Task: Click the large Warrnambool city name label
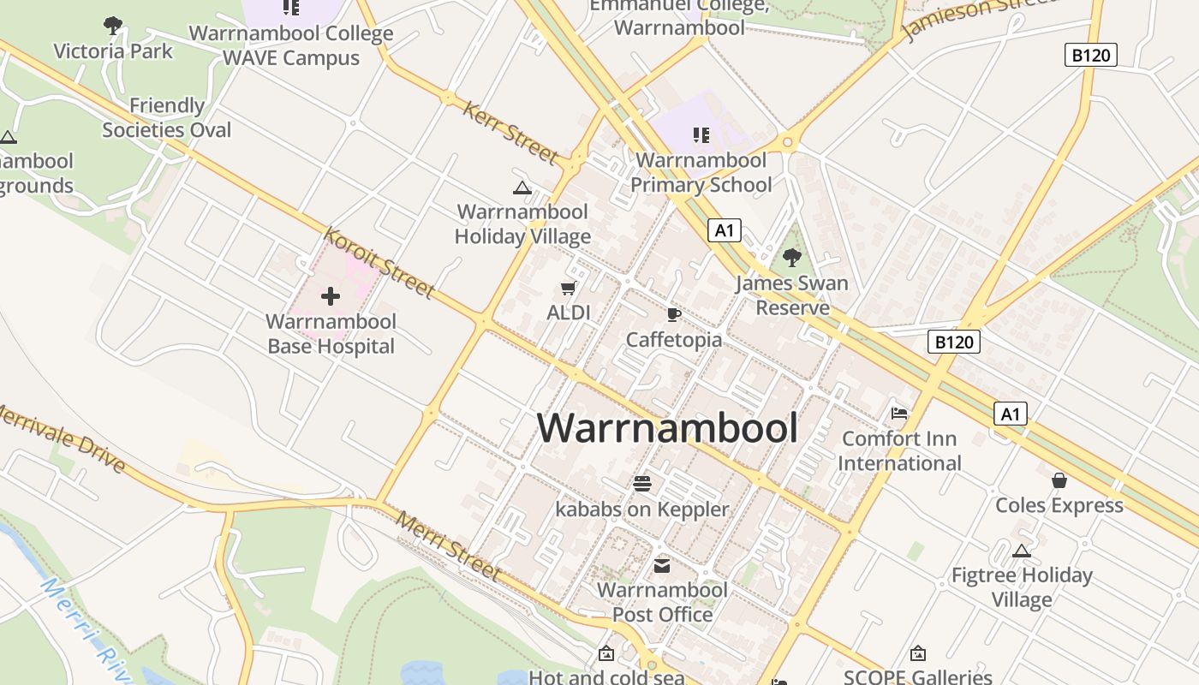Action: pyautogui.click(x=667, y=427)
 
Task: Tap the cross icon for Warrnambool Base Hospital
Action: pyautogui.click(x=331, y=296)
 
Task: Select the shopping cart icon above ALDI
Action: pyautogui.click(x=569, y=289)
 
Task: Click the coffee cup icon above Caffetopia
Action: pyautogui.click(x=674, y=314)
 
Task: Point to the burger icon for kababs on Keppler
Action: pyautogui.click(x=642, y=484)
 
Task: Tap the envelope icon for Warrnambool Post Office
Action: pyautogui.click(x=662, y=566)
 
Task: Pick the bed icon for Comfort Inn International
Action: pyautogui.click(x=898, y=414)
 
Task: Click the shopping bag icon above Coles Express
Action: pyautogui.click(x=1059, y=480)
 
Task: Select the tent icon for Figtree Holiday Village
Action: pyautogui.click(x=1021, y=551)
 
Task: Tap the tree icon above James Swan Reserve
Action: pyautogui.click(x=792, y=256)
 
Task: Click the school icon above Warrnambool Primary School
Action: pyautogui.click(x=701, y=135)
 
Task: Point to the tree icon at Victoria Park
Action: pyautogui.click(x=112, y=26)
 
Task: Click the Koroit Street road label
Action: pyautogui.click(x=379, y=263)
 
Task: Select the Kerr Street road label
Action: pyautogui.click(x=510, y=133)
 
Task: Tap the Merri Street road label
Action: pyautogui.click(x=447, y=546)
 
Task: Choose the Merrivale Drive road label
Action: pyautogui.click(x=62, y=438)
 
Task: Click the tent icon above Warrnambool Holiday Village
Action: pyautogui.click(x=522, y=188)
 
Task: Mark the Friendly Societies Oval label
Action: pyautogui.click(x=167, y=118)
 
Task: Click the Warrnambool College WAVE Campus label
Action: pyautogui.click(x=291, y=46)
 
